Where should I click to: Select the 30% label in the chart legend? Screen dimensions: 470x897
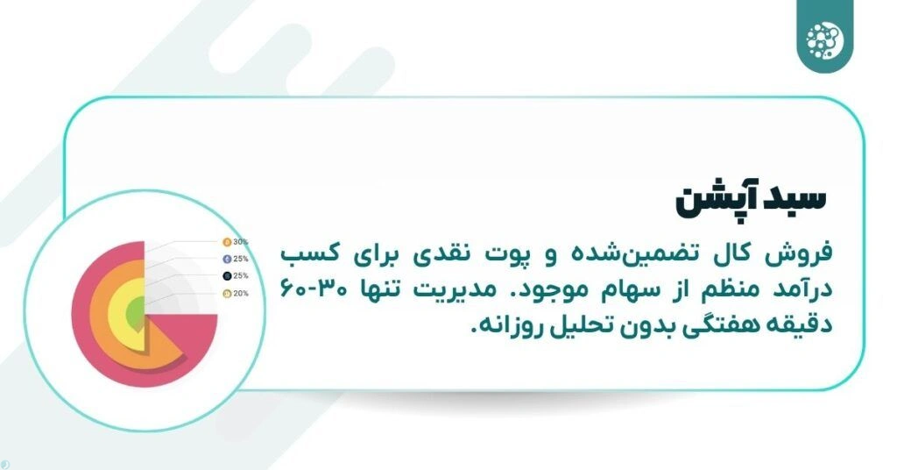[241, 241]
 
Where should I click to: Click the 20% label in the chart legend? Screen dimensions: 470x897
[241, 293]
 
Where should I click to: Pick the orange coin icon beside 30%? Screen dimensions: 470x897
[226, 241]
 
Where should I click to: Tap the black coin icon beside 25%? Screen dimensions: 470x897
[226, 276]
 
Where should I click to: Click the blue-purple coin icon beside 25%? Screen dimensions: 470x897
[226, 259]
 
